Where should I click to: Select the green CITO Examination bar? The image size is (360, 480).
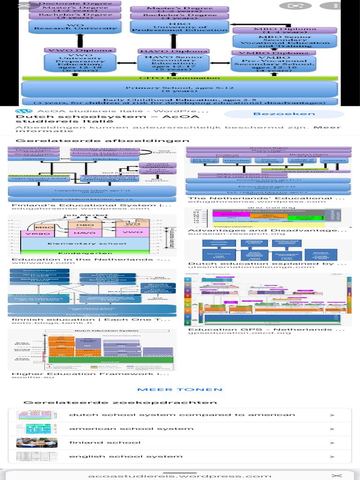pyautogui.click(x=180, y=78)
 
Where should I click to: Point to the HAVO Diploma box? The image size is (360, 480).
pyautogui.click(x=174, y=51)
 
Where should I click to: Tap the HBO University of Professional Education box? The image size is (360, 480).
pyautogui.click(x=180, y=26)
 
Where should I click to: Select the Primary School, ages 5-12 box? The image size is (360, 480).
pyautogui.click(x=180, y=89)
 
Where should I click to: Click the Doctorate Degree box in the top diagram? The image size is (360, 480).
pyautogui.click(x=75, y=3)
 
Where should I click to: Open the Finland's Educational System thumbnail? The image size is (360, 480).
pyautogui.click(x=92, y=174)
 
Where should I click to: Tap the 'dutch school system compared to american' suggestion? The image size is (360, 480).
pyautogui.click(x=182, y=415)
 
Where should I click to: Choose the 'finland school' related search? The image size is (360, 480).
pyautogui.click(x=105, y=442)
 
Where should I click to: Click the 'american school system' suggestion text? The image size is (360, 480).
pyautogui.click(x=131, y=428)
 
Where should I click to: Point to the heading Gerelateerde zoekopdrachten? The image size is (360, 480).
pyautogui.click(x=120, y=403)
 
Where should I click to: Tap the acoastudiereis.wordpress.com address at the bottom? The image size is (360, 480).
pyautogui.click(x=180, y=476)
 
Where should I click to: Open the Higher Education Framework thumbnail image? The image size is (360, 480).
pyautogui.click(x=92, y=349)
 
